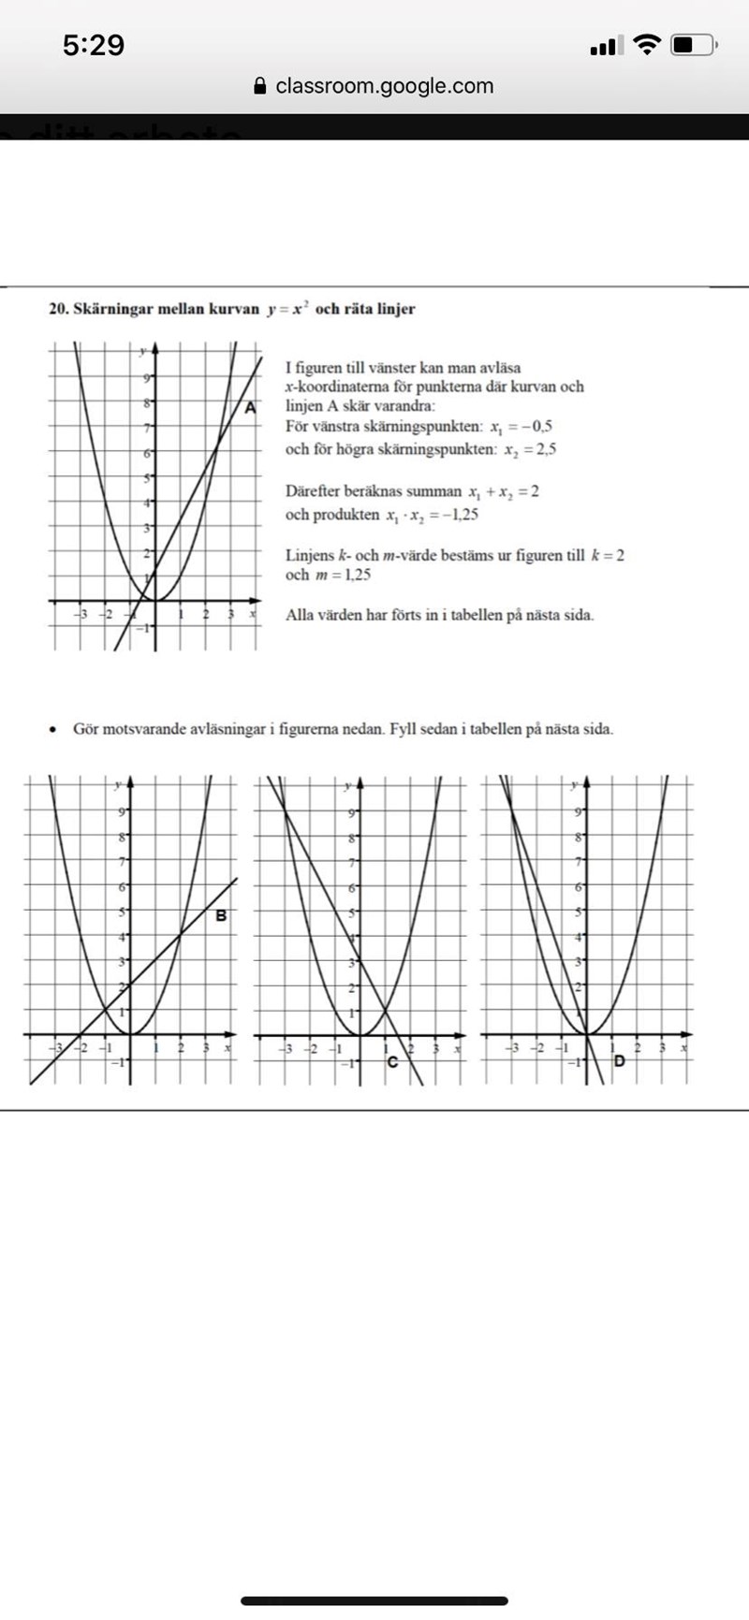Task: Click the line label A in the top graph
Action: click(250, 407)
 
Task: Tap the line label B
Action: click(221, 915)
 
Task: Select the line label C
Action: click(392, 1061)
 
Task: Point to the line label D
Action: click(619, 1060)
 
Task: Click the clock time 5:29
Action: click(94, 45)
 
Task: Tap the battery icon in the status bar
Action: click(694, 45)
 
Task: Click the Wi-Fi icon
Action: click(646, 45)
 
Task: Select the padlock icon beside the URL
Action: click(261, 86)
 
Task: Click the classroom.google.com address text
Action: click(385, 86)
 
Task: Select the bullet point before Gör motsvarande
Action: click(55, 729)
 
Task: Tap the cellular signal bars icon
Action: click(604, 45)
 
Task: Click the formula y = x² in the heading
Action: click(287, 309)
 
